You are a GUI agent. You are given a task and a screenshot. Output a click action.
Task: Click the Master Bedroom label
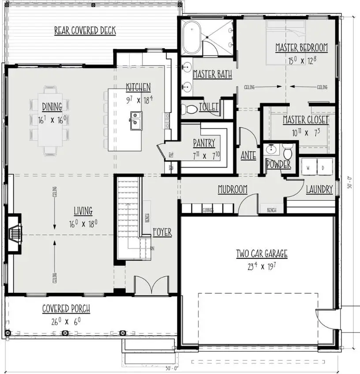301,48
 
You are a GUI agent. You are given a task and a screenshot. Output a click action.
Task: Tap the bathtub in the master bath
192,34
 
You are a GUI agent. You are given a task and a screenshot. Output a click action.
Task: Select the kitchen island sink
135,119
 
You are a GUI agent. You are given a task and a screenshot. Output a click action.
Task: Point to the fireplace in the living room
15,234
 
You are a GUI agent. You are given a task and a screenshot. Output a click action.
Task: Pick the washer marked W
308,168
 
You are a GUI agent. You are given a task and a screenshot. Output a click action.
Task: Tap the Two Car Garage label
262,254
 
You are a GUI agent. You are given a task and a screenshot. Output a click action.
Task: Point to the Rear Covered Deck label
85,31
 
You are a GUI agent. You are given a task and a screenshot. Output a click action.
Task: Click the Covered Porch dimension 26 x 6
66,322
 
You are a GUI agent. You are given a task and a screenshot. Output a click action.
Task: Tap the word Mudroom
232,190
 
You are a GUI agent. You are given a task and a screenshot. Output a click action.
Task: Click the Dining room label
52,106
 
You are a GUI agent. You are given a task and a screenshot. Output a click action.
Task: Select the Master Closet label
305,120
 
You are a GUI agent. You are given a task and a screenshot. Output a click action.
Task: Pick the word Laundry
319,190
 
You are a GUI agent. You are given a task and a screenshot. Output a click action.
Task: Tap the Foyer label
162,232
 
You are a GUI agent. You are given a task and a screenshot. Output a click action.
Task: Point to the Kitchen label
138,87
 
